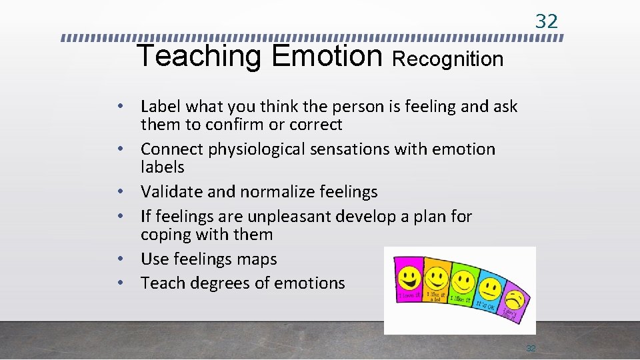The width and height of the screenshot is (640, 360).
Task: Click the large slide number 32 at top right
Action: point(547,21)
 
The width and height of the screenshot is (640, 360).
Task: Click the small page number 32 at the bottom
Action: point(531,348)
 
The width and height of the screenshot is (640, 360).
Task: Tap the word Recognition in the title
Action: point(447,59)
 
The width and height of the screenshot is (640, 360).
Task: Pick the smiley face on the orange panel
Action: point(437,277)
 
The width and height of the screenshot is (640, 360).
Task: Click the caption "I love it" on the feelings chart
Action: point(409,295)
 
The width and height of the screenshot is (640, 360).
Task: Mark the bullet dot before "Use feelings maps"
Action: point(123,259)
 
